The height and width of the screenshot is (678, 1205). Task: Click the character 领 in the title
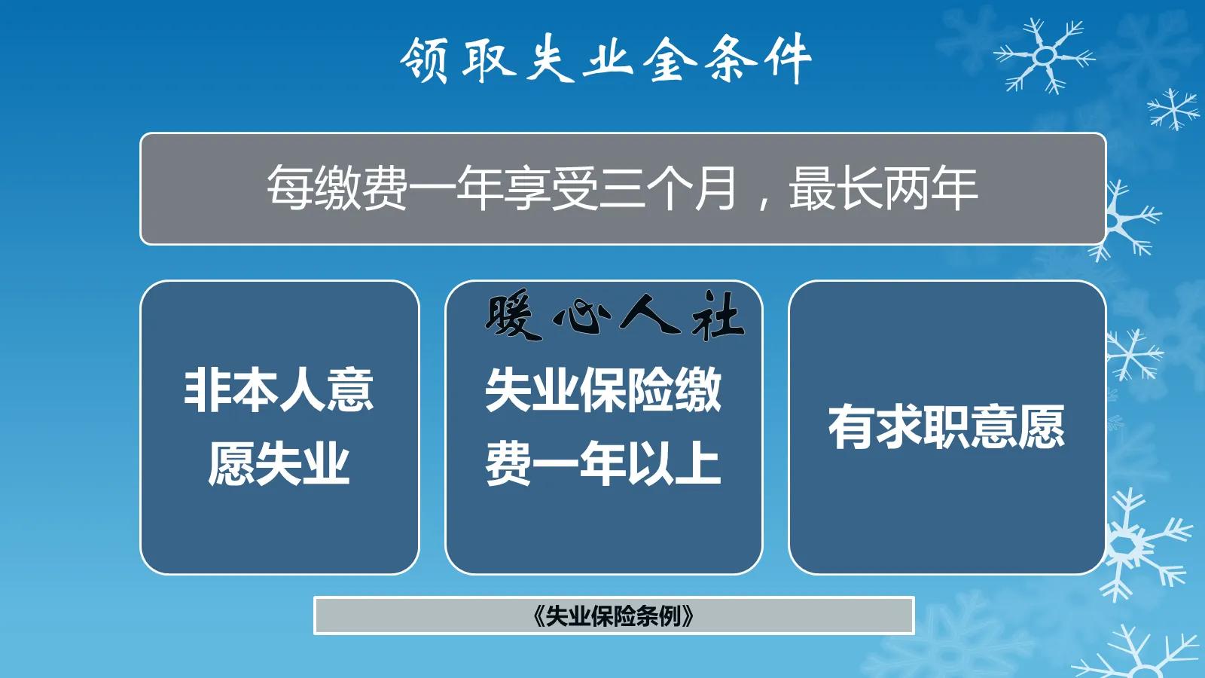click(425, 60)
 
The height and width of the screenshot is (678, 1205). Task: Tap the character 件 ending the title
click(788, 60)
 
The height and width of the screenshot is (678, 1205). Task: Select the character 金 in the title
click(668, 60)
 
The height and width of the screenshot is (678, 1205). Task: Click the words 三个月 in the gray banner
click(668, 188)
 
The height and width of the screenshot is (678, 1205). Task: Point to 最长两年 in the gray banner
click(883, 188)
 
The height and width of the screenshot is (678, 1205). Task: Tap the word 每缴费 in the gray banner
click(337, 188)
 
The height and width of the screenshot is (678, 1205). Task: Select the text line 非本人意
click(279, 390)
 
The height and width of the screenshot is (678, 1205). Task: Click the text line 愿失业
click(279, 464)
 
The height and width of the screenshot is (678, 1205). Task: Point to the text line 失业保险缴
click(603, 390)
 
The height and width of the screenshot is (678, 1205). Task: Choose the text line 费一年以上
click(603, 464)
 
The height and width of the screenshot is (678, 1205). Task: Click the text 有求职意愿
click(947, 427)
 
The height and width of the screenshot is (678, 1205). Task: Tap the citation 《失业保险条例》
click(613, 616)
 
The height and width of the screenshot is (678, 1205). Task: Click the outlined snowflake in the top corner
click(1045, 56)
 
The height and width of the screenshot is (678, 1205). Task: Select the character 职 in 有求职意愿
click(947, 427)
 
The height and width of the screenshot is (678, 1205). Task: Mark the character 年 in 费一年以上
click(602, 464)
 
